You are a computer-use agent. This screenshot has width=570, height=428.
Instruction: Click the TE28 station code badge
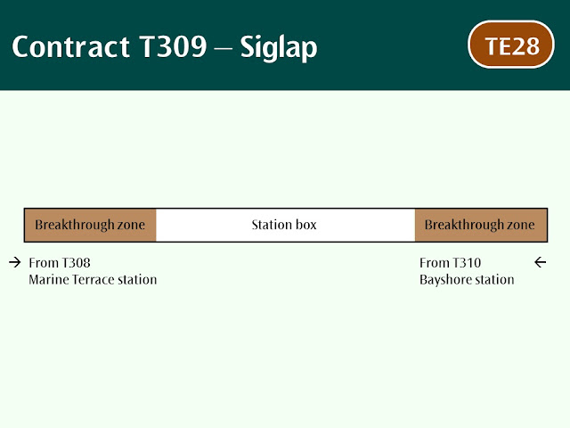pyautogui.click(x=510, y=45)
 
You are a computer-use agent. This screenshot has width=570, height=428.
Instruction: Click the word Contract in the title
pyautogui.click(x=71, y=47)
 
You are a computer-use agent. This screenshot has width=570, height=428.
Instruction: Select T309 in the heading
pyautogui.click(x=173, y=46)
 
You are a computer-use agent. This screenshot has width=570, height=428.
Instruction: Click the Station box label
pyautogui.click(x=284, y=225)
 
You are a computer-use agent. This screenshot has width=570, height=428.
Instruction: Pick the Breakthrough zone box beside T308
pyautogui.click(x=90, y=225)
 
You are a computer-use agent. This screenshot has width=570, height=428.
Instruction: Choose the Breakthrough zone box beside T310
pyautogui.click(x=481, y=225)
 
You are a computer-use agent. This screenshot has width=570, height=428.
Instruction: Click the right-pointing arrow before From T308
pyautogui.click(x=15, y=262)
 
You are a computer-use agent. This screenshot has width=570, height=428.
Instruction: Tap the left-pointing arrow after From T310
pyautogui.click(x=541, y=262)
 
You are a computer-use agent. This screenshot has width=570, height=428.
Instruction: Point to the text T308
pyautogui.click(x=76, y=263)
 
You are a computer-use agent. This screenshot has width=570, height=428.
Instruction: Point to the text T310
pyautogui.click(x=467, y=263)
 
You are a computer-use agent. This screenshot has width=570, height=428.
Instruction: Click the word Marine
pyautogui.click(x=49, y=279)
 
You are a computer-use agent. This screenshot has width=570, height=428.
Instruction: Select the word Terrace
pyautogui.click(x=94, y=279)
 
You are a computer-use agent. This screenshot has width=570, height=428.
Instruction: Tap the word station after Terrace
pyautogui.click(x=137, y=279)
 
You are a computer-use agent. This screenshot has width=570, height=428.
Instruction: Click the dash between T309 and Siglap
pyautogui.click(x=224, y=47)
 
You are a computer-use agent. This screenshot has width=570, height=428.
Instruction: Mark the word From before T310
pyautogui.click(x=434, y=263)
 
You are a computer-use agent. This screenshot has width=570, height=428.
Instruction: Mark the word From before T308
pyautogui.click(x=44, y=263)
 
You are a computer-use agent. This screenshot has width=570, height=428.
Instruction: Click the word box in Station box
pyautogui.click(x=305, y=225)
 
